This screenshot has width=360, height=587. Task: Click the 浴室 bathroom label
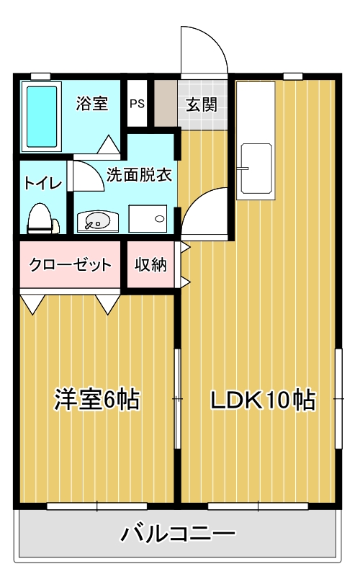click(x=92, y=103)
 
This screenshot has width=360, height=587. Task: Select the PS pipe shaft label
click(x=137, y=103)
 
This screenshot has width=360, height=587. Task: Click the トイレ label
click(x=42, y=182)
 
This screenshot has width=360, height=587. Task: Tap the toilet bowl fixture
click(x=41, y=217)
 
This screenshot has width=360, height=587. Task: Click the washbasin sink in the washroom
click(x=96, y=220)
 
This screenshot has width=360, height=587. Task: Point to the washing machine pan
click(x=148, y=218)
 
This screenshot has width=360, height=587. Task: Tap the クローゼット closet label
click(x=71, y=264)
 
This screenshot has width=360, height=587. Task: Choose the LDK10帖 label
click(x=262, y=399)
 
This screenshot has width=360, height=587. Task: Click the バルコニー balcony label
click(x=177, y=534)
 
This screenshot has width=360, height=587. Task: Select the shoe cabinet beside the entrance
click(x=165, y=103)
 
